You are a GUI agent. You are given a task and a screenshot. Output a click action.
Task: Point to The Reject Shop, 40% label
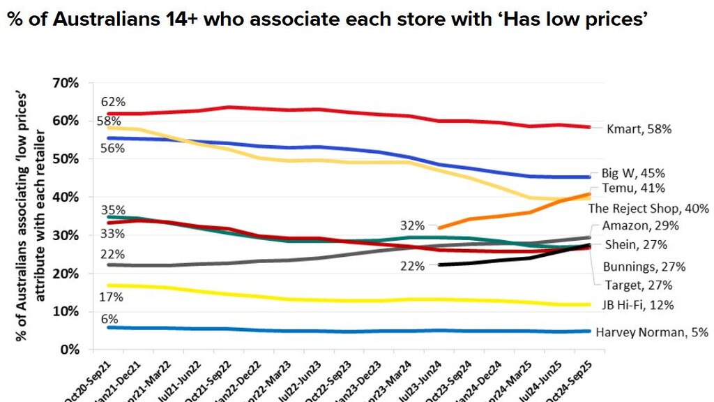[x=648, y=208]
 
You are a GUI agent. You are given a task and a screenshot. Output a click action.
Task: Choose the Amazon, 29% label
[x=639, y=226]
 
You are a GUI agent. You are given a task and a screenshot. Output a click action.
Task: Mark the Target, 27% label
[x=638, y=285]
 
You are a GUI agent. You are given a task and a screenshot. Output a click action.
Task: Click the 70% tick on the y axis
[x=66, y=83]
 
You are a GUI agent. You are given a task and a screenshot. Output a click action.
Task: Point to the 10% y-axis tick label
[x=66, y=311]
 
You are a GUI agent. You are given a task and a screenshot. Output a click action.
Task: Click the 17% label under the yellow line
[x=112, y=297]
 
